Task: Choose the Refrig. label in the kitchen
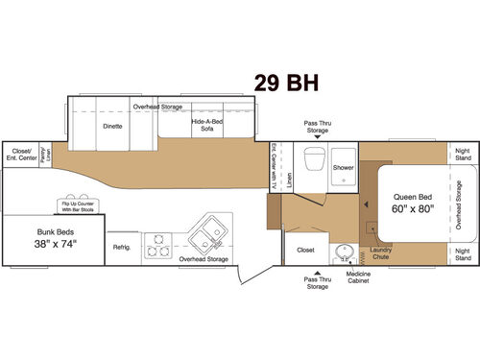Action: tap(121, 247)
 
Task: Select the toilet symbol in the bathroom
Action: tap(312, 163)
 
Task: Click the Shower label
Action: tap(343, 167)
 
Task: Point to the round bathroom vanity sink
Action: tap(342, 252)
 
